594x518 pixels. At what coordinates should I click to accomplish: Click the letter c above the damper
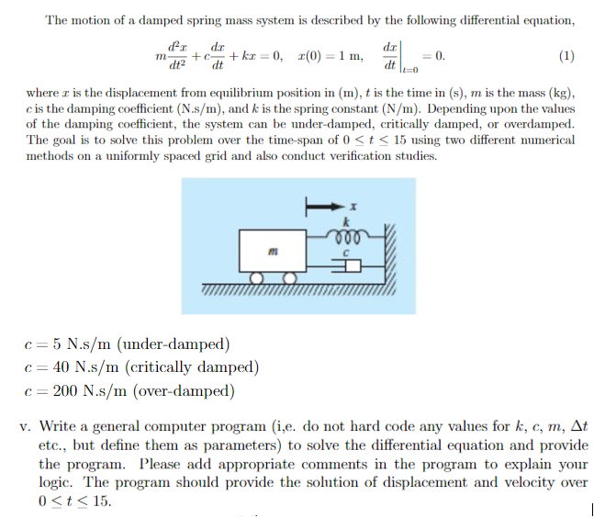pyautogui.click(x=346, y=250)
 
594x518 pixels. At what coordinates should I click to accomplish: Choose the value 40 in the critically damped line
pyautogui.click(x=62, y=367)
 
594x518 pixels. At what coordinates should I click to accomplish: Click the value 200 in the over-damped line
pyautogui.click(x=65, y=390)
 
